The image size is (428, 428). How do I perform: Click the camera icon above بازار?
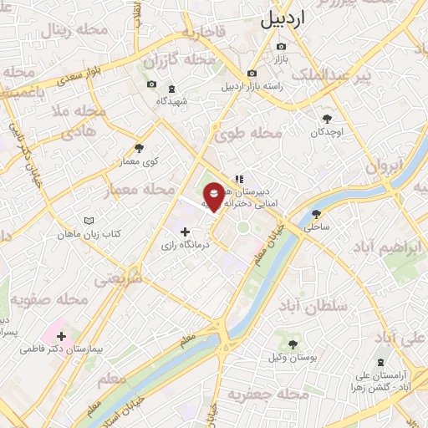coord(281,46)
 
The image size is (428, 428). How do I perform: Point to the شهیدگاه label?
coord(172,101)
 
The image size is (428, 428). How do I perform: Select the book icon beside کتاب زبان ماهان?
coord(89,221)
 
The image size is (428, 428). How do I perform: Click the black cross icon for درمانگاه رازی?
coord(184,232)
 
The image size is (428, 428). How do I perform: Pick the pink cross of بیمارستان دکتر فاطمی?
coord(61,335)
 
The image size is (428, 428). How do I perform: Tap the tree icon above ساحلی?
coord(315,214)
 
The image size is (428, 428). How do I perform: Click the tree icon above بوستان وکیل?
coord(293,344)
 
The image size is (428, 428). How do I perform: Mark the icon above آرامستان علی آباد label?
coord(380,363)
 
